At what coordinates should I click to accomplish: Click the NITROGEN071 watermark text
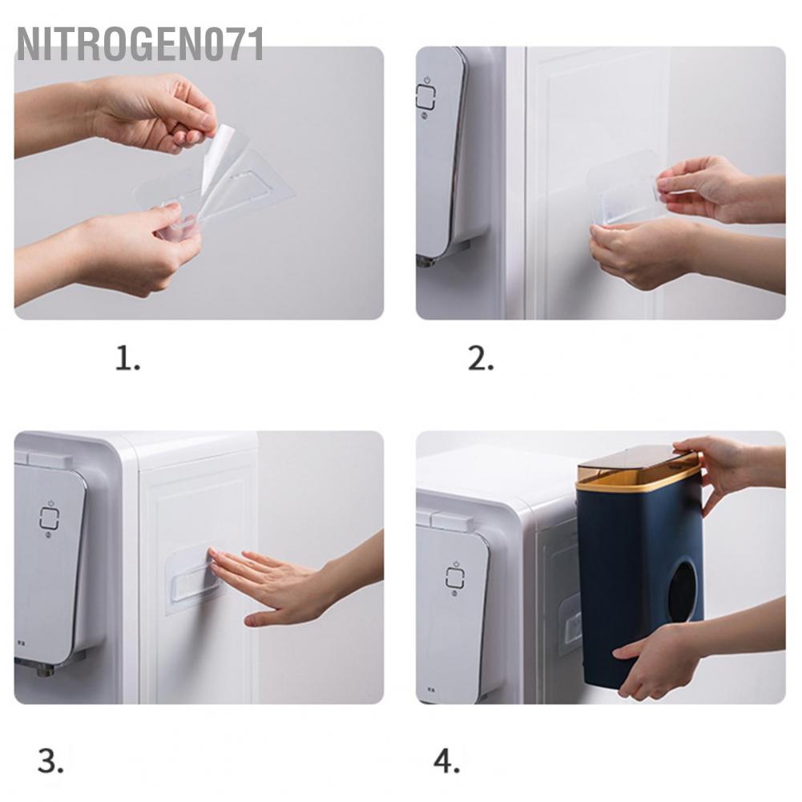click(x=139, y=44)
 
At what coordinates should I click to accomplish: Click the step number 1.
click(x=127, y=358)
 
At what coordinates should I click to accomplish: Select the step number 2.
click(x=481, y=358)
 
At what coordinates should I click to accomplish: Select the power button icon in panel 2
click(x=425, y=96)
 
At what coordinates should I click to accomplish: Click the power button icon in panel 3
click(x=50, y=518)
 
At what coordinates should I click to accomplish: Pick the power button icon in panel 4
click(x=455, y=577)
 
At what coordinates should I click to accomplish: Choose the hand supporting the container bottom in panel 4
click(x=695, y=660)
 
